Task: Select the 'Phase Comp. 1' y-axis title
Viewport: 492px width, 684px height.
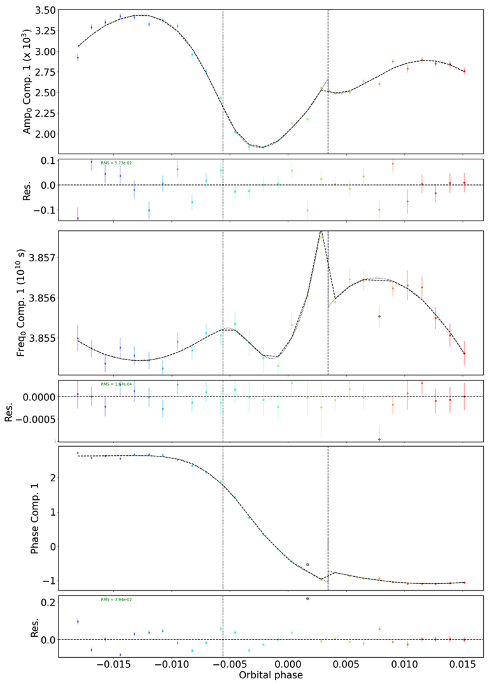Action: tap(36, 518)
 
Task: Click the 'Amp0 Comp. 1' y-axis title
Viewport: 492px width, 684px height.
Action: tap(27, 82)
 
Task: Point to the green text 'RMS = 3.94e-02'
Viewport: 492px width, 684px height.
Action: tap(116, 600)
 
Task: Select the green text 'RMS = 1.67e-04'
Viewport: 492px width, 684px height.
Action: tap(116, 384)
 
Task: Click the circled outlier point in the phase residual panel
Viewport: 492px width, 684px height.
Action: tap(307, 599)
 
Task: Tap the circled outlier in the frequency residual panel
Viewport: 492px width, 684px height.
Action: tap(379, 439)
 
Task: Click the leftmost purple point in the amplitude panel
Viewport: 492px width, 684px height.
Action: tap(78, 57)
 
